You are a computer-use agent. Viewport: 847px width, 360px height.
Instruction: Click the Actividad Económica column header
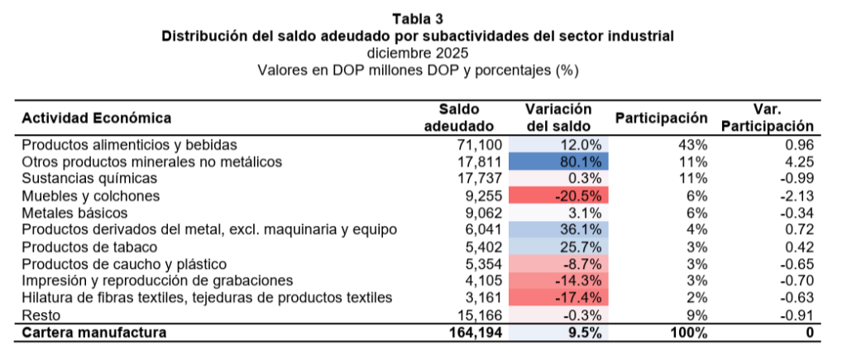(x=96, y=118)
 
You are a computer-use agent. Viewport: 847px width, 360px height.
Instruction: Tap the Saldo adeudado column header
(x=459, y=118)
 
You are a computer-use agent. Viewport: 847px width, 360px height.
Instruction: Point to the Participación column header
(x=661, y=118)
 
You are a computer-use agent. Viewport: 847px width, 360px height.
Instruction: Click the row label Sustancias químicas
(x=89, y=178)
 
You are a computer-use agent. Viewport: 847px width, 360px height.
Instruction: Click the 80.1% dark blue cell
(x=559, y=161)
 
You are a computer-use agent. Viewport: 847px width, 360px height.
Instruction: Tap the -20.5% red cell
(x=559, y=195)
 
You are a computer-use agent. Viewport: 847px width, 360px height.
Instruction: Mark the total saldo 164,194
(x=467, y=333)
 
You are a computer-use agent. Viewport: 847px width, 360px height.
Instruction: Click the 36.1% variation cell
(x=559, y=229)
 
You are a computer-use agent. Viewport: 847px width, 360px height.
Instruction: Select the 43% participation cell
(x=694, y=144)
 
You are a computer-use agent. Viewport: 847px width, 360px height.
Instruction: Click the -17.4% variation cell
(x=559, y=298)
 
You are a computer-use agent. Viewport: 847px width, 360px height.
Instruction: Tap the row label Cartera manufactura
(x=93, y=333)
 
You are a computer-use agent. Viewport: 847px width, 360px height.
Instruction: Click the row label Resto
(x=38, y=315)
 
